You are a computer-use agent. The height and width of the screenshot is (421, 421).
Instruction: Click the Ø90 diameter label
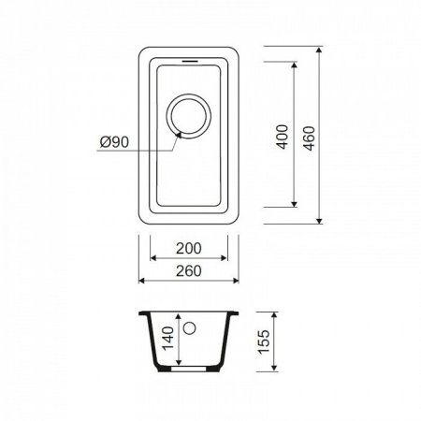tap(115, 143)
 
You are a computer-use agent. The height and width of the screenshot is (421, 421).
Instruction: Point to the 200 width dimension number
tap(190, 249)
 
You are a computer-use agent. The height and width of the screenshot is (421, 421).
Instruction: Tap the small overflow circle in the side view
tap(190, 329)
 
